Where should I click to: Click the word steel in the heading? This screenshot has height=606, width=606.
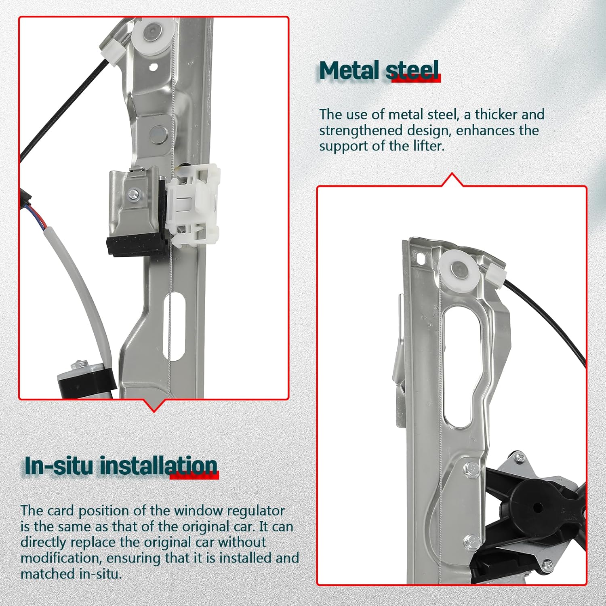click(x=412, y=71)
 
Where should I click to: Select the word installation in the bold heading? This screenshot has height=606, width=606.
click(x=158, y=466)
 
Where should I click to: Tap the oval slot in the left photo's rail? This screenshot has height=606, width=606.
click(x=174, y=327)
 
